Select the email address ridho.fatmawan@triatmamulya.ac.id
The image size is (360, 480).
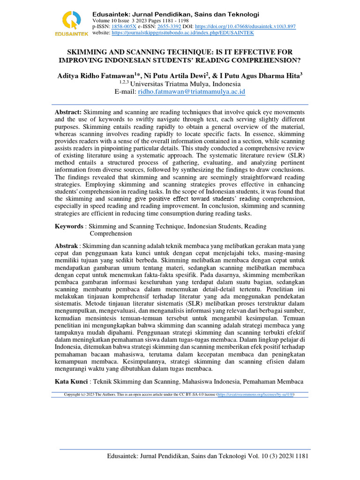pos(191,92)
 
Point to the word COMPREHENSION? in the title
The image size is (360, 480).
pos(270,60)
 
